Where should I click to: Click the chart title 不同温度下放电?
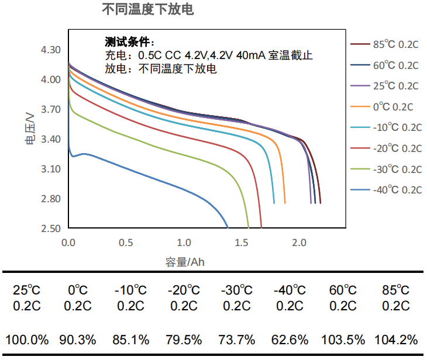tap(147, 10)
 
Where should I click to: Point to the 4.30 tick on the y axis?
tap(51, 50)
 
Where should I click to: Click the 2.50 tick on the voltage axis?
tap(51, 228)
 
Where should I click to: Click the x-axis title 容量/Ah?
tap(185, 262)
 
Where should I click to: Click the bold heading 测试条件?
tap(129, 42)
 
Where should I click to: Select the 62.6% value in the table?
tap(291, 340)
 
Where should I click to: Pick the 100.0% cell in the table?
tap(27, 340)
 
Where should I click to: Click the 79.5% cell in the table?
tap(185, 340)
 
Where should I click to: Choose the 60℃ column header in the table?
tap(343, 290)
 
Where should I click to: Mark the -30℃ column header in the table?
tap(237, 290)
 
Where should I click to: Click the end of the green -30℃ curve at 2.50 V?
tap(249, 227)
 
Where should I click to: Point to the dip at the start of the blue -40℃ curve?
tap(73, 157)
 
